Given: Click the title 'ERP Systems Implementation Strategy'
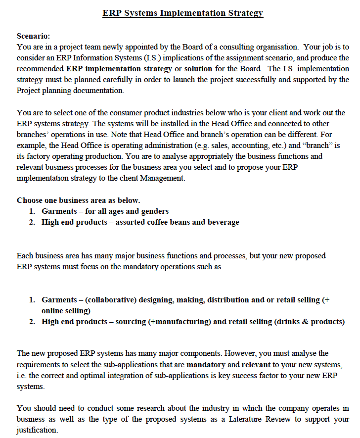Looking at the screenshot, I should click(x=182, y=13).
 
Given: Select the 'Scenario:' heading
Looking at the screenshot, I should click(x=33, y=36).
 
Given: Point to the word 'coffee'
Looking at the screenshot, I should click(x=163, y=222).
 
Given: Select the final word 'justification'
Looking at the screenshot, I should click(x=37, y=430).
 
